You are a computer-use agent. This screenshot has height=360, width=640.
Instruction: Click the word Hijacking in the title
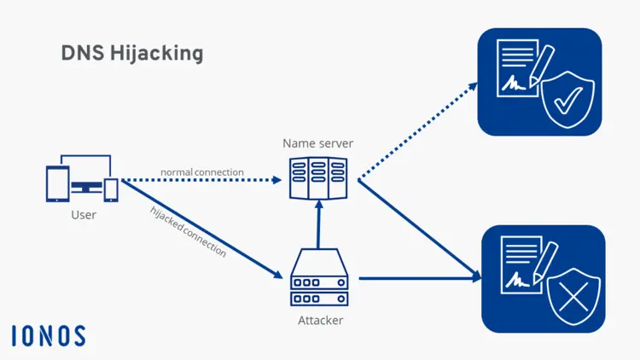pos(160,54)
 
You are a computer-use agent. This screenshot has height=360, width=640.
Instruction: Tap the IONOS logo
pos(49,335)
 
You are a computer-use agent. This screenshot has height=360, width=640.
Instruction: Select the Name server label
pos(317,143)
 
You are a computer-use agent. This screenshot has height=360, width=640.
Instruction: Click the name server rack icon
pos(317,178)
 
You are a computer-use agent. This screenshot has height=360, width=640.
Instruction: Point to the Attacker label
pos(320,321)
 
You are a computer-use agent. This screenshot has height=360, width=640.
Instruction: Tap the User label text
pos(84,215)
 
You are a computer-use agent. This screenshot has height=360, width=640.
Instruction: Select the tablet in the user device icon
pos(57,183)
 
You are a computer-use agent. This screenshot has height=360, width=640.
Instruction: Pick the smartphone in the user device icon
pos(111,189)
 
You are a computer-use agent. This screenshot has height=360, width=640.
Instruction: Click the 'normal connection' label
pos(202,172)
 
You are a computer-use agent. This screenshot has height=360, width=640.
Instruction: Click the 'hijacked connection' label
pos(188,231)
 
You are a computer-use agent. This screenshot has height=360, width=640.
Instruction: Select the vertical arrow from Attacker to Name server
pos(317,226)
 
